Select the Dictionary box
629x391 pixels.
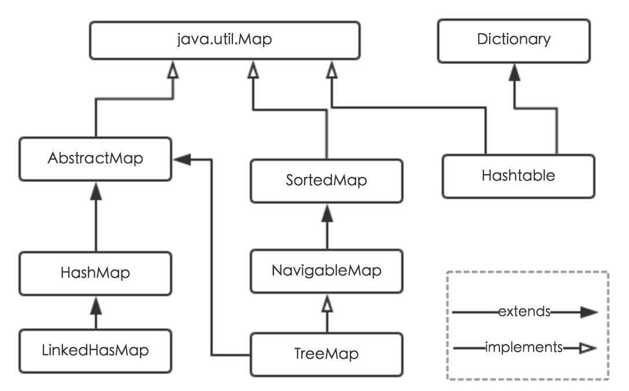514,40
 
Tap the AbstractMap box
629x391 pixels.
95,158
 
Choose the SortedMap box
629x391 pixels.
327,180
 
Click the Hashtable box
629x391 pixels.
518,175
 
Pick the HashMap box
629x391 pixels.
95,272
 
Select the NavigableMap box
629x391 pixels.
327,270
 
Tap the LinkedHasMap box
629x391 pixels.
95,350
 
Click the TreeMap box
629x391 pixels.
327,353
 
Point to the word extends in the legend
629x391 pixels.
524,312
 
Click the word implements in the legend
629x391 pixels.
524,348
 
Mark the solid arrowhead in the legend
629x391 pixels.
589,312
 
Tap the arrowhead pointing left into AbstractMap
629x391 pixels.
182,159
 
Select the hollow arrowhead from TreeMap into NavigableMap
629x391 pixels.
327,302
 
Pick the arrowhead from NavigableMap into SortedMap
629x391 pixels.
327,213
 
